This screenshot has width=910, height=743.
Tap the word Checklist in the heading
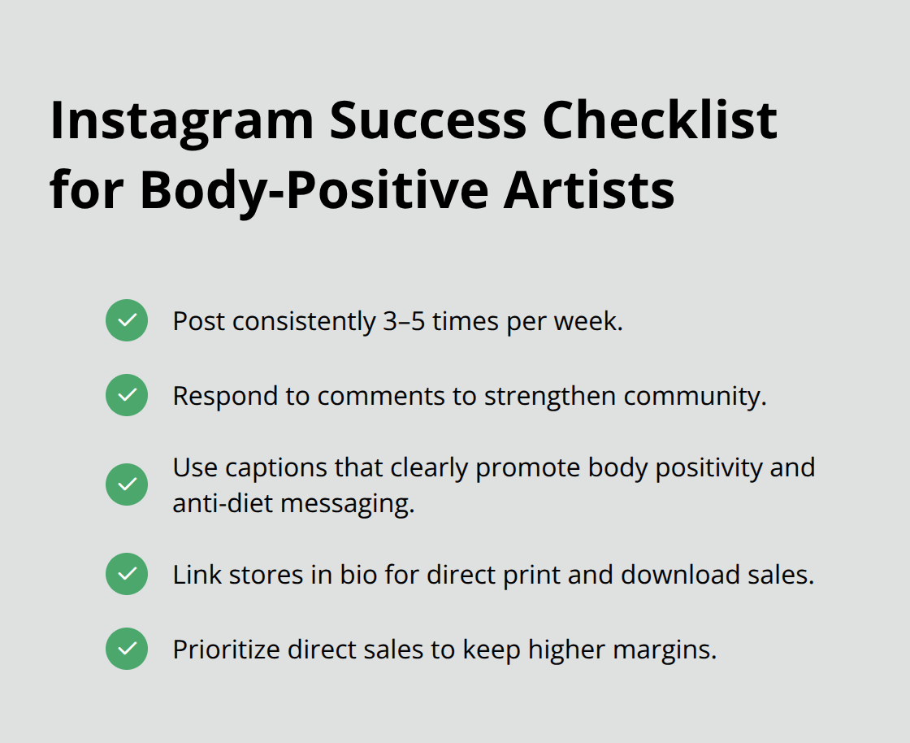point(660,120)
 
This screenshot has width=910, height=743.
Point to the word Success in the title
point(428,120)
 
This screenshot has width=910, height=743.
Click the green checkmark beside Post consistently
point(127,320)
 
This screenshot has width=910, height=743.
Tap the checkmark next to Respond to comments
point(127,395)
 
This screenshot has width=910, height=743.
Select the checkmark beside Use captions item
point(127,484)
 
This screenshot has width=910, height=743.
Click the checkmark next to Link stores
point(127,574)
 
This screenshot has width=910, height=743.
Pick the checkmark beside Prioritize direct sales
point(127,649)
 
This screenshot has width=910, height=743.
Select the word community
point(695,397)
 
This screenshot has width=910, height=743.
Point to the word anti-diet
point(222,504)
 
